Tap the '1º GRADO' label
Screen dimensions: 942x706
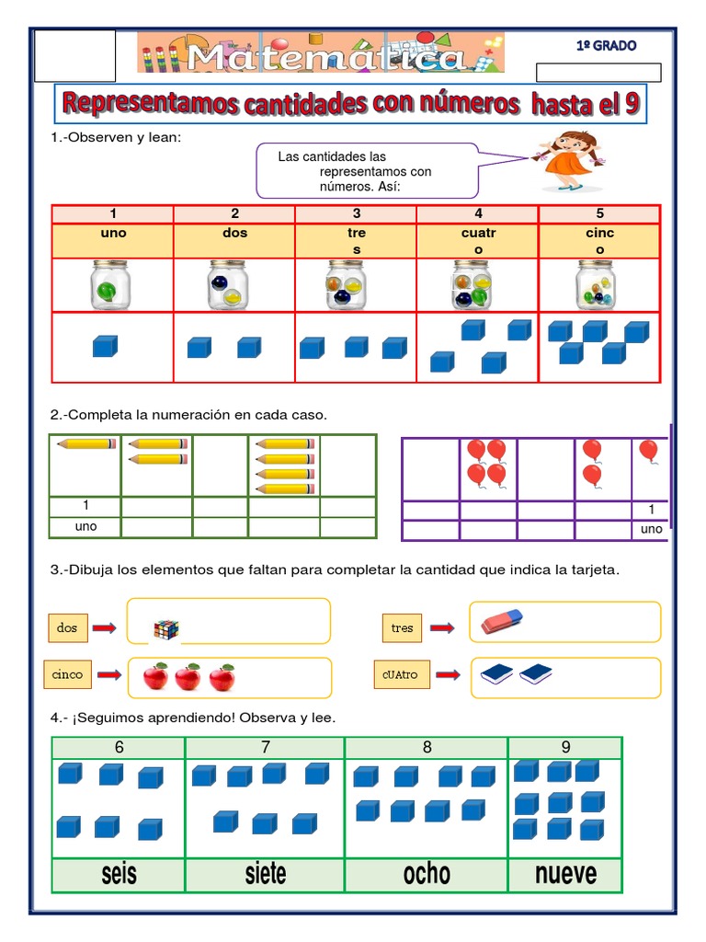click(x=606, y=45)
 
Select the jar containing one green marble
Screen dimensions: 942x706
click(x=111, y=285)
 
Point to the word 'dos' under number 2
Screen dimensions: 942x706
click(x=234, y=234)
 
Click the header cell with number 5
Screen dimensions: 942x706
click(x=599, y=214)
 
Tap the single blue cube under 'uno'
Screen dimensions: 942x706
click(x=105, y=347)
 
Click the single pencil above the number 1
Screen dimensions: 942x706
click(x=85, y=443)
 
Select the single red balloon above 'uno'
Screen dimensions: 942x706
click(x=648, y=452)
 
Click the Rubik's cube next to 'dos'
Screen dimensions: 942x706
click(x=166, y=629)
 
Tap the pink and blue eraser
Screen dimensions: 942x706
click(x=502, y=622)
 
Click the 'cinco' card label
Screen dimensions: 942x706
click(x=67, y=674)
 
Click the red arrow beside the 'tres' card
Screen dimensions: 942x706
click(x=443, y=628)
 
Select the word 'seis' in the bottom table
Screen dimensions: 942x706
click(x=119, y=873)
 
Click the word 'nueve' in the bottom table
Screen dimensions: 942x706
click(x=565, y=873)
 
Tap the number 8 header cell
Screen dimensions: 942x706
click(x=427, y=748)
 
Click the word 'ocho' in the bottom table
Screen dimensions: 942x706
click(x=427, y=873)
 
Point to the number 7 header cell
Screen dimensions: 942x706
click(x=265, y=748)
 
